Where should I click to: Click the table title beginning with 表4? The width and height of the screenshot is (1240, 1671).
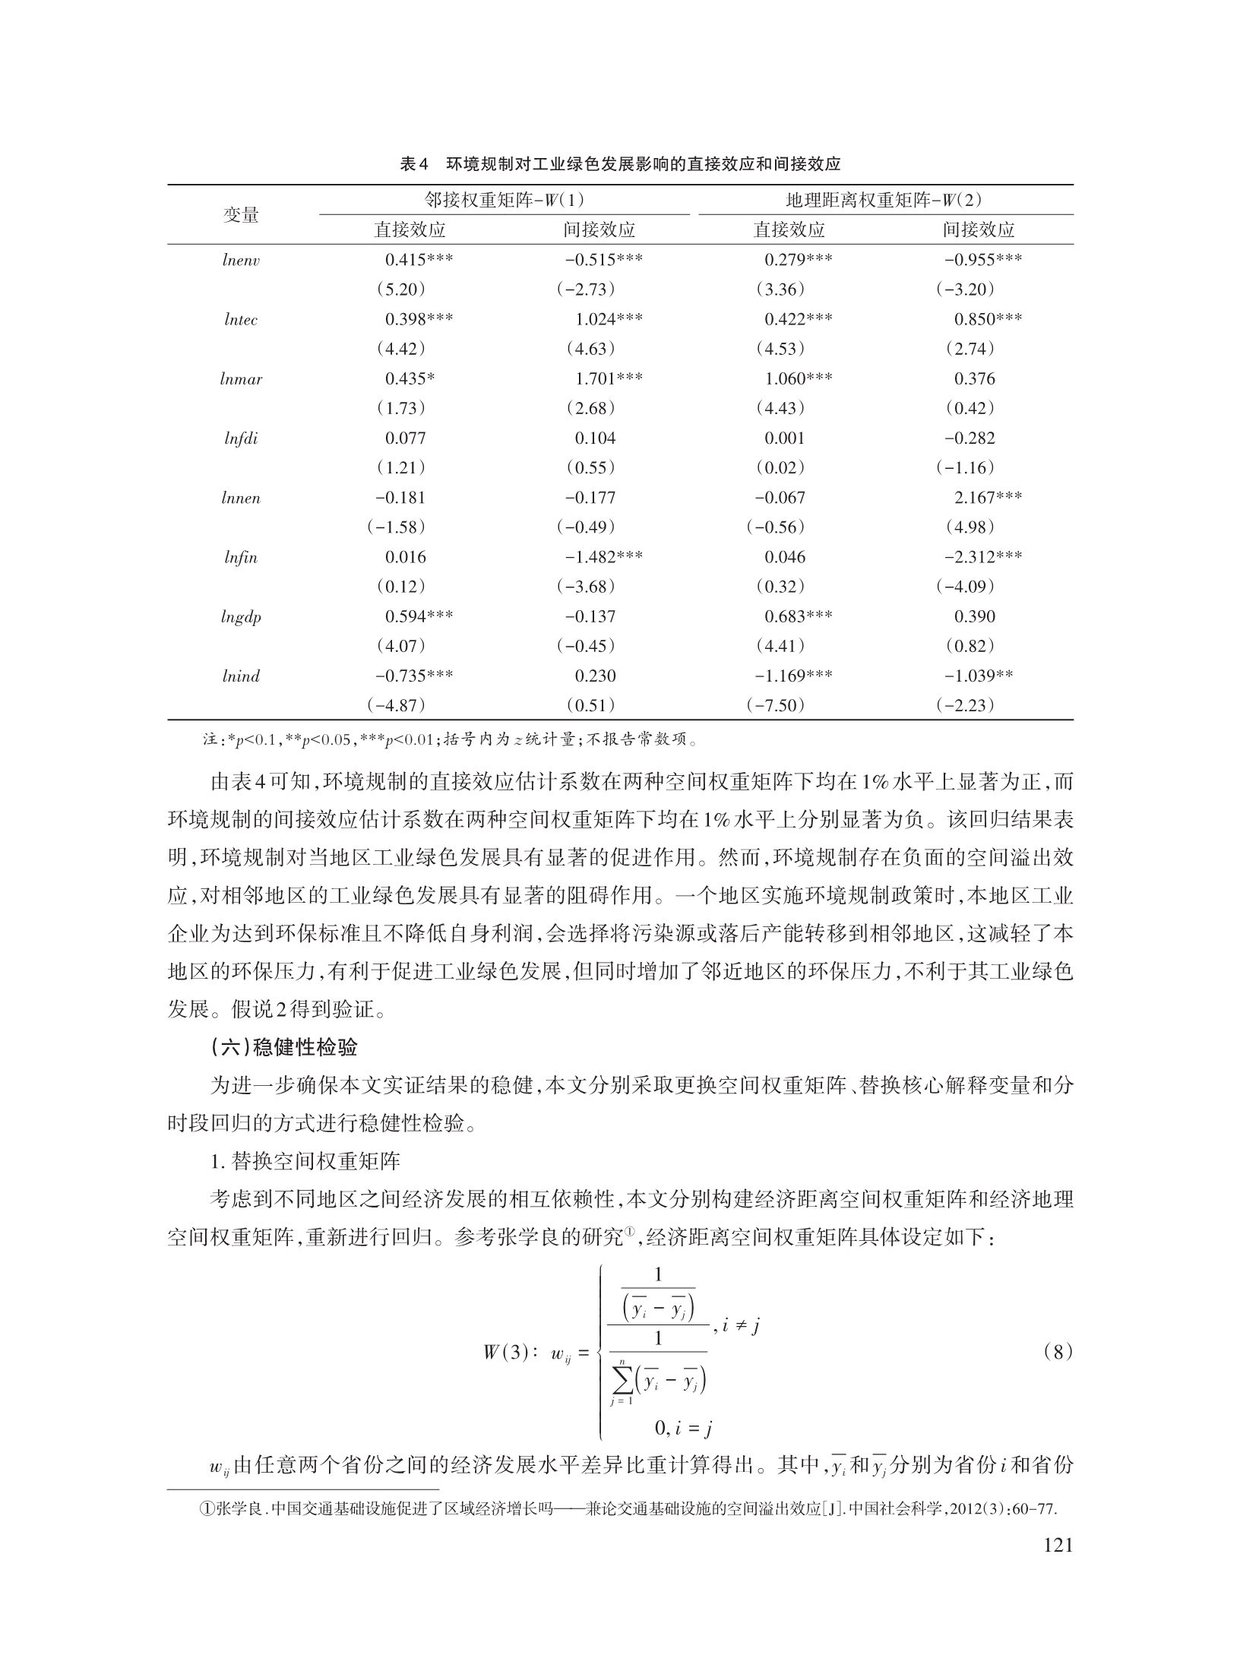click(x=620, y=164)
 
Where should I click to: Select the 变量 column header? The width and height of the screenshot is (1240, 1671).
click(x=241, y=215)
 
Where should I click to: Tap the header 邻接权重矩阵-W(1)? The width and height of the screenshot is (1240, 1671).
click(x=504, y=200)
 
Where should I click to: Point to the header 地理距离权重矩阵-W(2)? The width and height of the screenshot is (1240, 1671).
click(x=884, y=200)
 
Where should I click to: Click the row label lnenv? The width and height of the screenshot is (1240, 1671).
click(x=241, y=261)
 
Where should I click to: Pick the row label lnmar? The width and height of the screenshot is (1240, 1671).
click(x=241, y=379)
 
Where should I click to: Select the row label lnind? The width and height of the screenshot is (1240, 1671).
click(x=241, y=676)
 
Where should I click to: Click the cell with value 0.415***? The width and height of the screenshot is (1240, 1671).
click(x=419, y=260)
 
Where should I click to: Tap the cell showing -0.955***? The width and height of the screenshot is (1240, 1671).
click(x=983, y=260)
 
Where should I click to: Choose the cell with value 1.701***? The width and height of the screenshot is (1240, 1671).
click(x=608, y=378)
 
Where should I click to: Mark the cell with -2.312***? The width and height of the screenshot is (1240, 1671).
click(x=983, y=557)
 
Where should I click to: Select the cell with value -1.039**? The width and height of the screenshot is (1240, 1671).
click(x=979, y=676)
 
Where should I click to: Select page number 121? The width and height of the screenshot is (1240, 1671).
click(x=1057, y=1545)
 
